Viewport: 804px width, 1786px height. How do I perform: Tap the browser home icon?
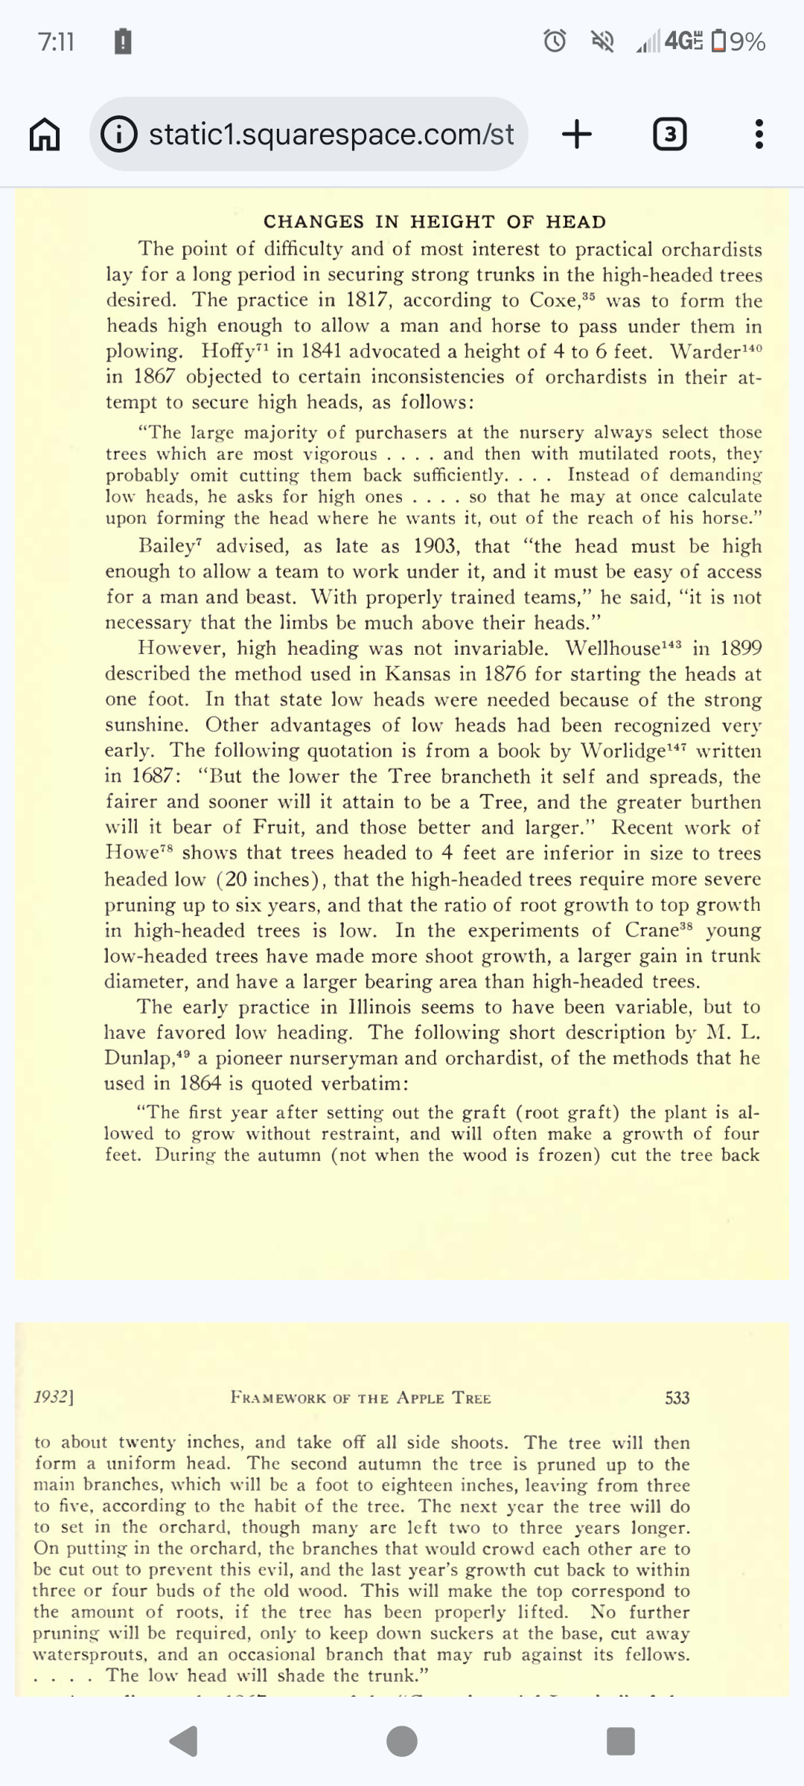[45, 135]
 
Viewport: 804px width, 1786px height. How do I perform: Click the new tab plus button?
[577, 135]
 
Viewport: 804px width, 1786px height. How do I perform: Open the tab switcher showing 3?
[669, 135]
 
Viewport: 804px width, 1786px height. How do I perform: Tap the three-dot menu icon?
[759, 135]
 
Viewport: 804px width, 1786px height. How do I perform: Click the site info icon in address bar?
[119, 135]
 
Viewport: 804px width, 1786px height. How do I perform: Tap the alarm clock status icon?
[555, 41]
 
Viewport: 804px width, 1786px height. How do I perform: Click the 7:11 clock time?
[56, 41]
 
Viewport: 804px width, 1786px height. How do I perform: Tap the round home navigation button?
[402, 1741]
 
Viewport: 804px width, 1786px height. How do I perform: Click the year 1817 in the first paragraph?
[368, 300]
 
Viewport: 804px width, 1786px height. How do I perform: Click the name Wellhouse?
[612, 648]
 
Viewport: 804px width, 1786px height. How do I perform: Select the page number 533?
[677, 1398]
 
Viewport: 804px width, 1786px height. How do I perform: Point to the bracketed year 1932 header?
[54, 1397]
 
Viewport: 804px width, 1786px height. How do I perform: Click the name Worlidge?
[622, 751]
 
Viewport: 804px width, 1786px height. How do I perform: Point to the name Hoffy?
[228, 351]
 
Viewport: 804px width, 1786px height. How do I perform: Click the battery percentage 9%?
[747, 41]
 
